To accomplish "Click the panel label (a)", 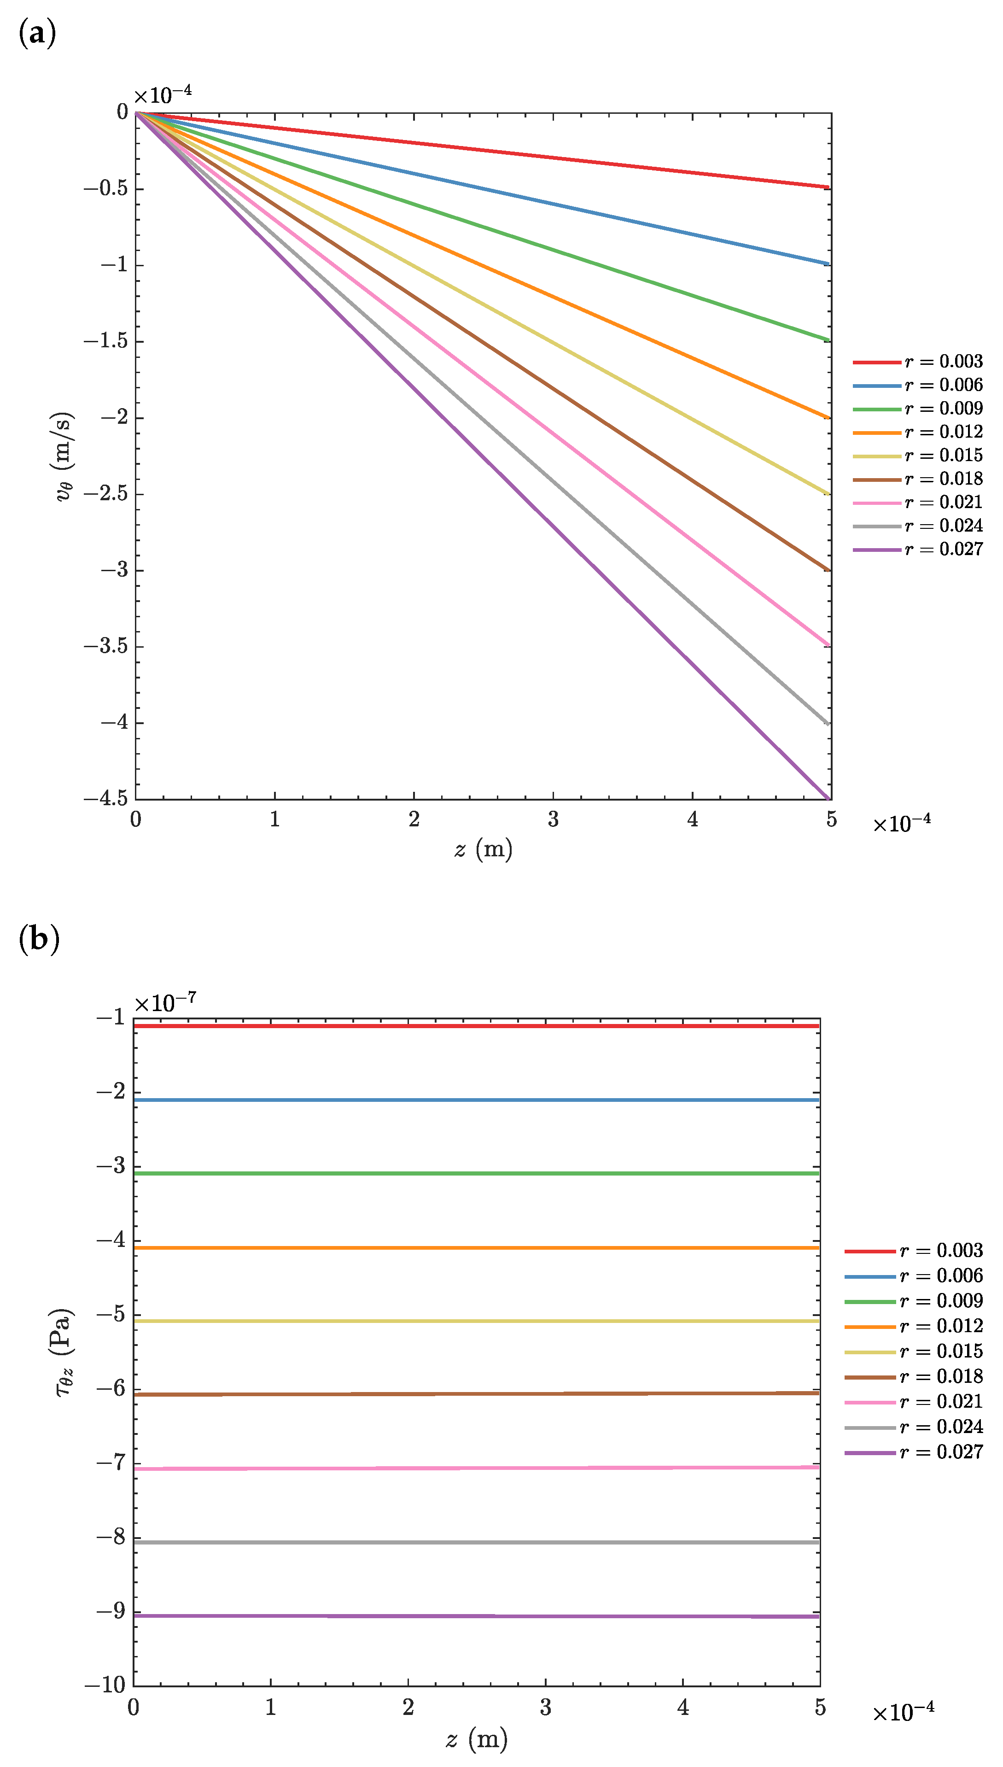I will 37,34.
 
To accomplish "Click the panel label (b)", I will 39,939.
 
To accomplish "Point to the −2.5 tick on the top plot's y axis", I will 106,494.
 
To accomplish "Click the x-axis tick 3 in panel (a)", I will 553,819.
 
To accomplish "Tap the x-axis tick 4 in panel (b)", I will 682,1707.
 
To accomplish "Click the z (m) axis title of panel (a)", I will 484,849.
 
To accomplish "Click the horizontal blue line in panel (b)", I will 475,1100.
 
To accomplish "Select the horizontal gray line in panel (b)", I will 475,1542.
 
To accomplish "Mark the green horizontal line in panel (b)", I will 475,1173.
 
